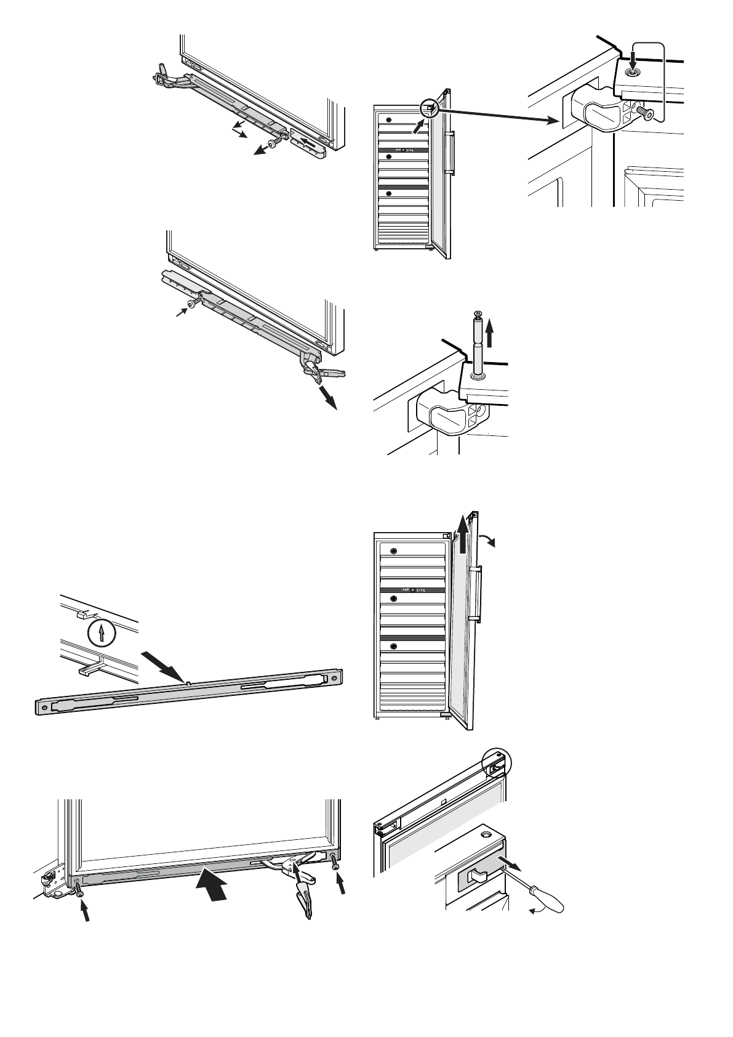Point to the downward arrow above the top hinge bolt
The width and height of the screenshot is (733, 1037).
coord(632,61)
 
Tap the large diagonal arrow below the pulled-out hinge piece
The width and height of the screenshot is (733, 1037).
coord(329,398)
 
